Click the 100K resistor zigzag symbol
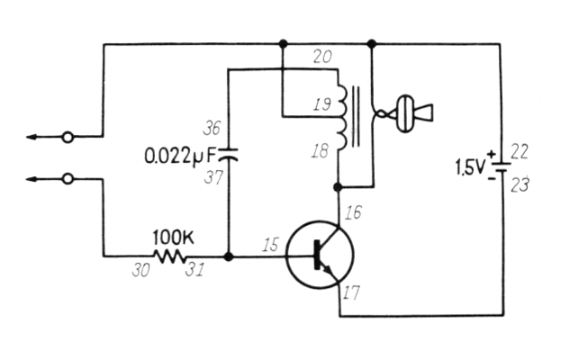(x=169, y=256)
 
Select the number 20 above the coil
(x=321, y=57)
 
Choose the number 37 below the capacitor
(x=212, y=179)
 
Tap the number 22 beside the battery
(x=520, y=150)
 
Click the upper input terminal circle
(x=67, y=138)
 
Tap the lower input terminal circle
(x=67, y=179)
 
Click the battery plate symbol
(x=500, y=168)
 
